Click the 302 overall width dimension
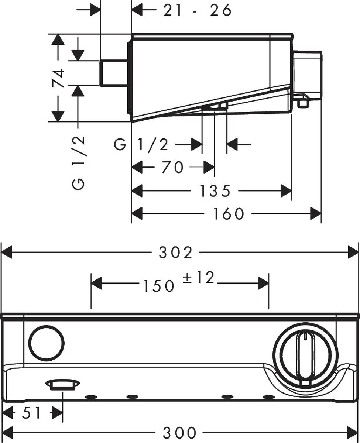(176, 253)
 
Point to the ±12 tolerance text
(198, 278)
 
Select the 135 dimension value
(215, 191)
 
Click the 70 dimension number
(172, 168)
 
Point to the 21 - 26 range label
(197, 11)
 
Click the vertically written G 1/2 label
(79, 162)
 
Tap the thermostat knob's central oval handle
(305, 355)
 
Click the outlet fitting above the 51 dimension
(62, 385)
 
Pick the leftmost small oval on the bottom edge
(90, 397)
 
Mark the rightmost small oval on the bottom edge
(268, 397)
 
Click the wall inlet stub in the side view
(114, 73)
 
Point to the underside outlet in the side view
(215, 107)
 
